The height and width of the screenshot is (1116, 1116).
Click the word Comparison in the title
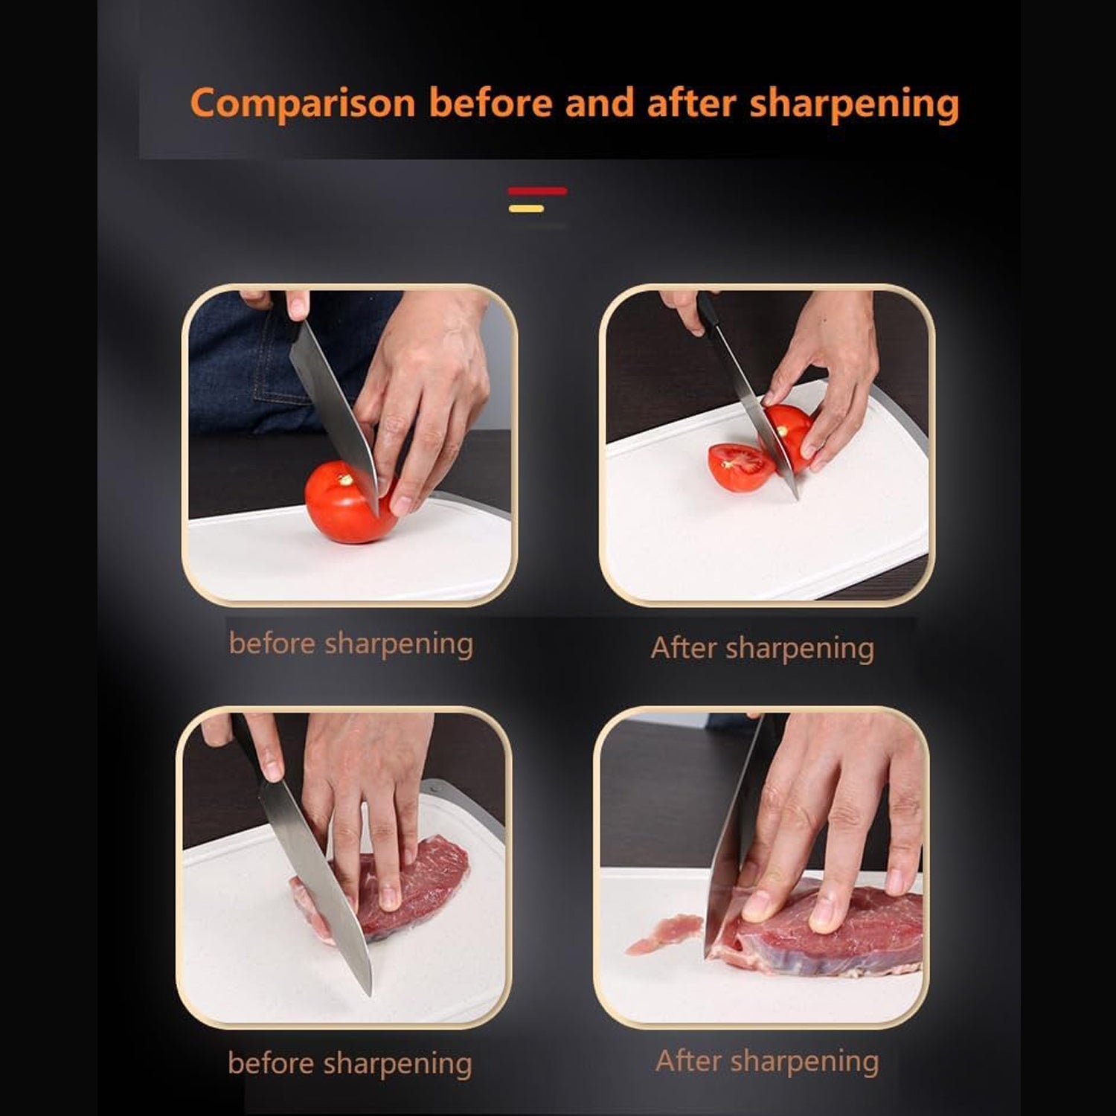[301, 103]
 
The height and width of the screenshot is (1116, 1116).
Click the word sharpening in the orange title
[854, 103]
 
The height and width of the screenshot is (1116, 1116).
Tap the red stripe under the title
[537, 191]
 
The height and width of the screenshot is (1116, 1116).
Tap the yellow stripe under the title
[527, 209]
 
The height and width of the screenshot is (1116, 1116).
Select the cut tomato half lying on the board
[741, 466]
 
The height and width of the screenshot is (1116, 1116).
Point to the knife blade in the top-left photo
[335, 402]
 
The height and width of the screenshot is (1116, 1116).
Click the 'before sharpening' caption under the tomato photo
[350, 644]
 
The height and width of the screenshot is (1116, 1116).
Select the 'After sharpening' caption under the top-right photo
[762, 648]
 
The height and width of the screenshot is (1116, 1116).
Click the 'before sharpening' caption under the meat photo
[350, 1063]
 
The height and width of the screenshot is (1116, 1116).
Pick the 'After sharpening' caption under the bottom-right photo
[766, 1061]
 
